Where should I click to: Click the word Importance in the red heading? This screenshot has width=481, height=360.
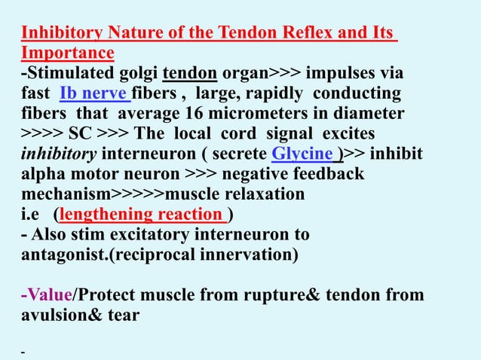pos(68,53)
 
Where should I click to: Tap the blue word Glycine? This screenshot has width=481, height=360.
pos(303,154)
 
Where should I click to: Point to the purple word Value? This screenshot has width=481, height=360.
pos(49,295)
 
